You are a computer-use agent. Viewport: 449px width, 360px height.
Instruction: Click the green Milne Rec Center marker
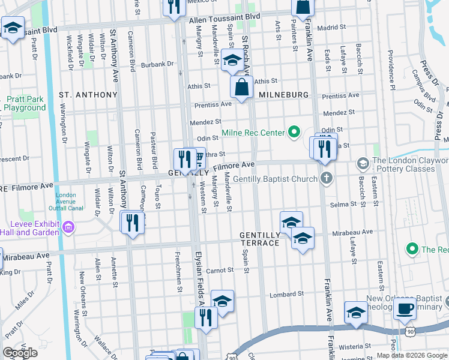click(x=294, y=132)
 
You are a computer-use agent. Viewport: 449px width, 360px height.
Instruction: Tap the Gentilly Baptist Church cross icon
click(x=326, y=178)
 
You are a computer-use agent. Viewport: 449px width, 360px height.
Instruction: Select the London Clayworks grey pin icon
click(x=363, y=163)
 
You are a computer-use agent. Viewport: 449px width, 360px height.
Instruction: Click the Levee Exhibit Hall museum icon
click(x=68, y=227)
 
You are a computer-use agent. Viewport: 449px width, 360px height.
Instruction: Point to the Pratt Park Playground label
click(x=25, y=103)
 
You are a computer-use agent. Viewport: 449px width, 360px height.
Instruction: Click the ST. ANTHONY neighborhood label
click(x=88, y=95)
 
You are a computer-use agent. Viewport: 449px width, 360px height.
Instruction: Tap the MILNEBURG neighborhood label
click(x=284, y=95)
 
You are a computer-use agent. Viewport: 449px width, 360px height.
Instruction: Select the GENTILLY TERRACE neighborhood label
click(x=260, y=239)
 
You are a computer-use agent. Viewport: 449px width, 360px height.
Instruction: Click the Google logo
click(x=20, y=353)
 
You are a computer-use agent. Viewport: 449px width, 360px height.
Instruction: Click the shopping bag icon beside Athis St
click(x=241, y=87)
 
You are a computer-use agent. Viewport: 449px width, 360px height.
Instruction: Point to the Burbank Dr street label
click(x=157, y=65)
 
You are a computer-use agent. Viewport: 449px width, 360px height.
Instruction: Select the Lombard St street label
click(x=287, y=294)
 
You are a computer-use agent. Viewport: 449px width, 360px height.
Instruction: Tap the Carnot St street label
click(x=220, y=271)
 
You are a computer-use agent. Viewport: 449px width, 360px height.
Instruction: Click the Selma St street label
click(x=343, y=205)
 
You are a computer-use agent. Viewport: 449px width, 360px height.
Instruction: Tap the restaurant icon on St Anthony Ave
click(x=132, y=223)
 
